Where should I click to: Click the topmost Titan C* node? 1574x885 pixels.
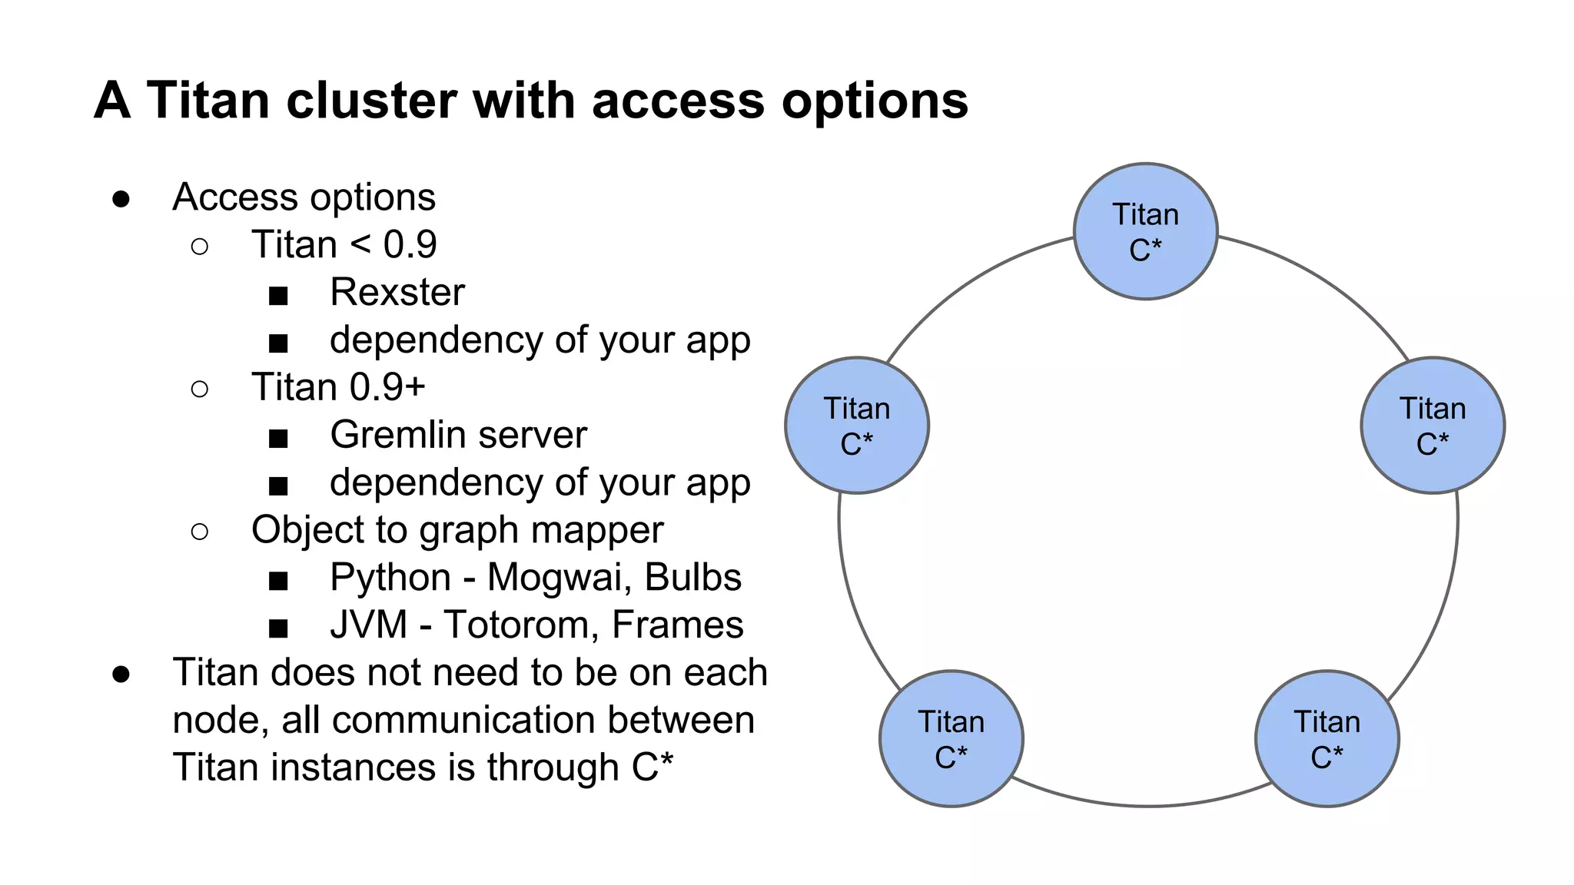1145,231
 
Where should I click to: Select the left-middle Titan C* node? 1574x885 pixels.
857,425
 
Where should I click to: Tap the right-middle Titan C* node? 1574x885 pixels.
1433,425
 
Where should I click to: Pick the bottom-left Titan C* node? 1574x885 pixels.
951,738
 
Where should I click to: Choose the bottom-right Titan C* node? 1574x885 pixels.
1327,738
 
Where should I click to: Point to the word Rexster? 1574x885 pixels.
397,293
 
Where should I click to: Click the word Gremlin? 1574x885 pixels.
397,435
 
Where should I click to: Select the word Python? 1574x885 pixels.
390,578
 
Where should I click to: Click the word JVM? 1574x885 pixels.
368,625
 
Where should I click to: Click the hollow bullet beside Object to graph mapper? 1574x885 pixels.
199,532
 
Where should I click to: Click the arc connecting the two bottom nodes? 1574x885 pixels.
1145,805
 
